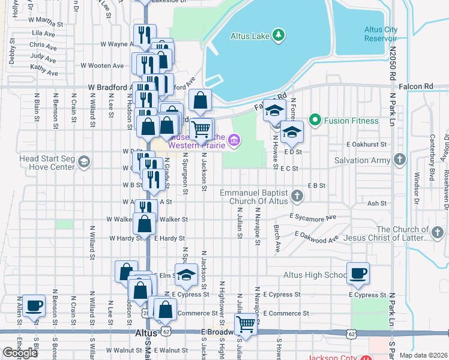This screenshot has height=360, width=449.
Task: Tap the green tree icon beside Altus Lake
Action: click(x=278, y=35)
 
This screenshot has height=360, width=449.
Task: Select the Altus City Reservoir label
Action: click(x=381, y=34)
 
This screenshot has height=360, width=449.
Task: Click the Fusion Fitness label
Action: click(x=351, y=121)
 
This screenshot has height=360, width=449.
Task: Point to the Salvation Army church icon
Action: click(x=401, y=160)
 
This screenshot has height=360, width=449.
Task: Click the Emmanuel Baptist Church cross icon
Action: click(x=297, y=196)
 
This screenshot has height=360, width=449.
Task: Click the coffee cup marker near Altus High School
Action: click(x=358, y=274)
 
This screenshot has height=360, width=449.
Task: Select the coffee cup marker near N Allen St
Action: click(x=32, y=305)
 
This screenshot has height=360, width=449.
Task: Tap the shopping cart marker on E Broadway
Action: click(x=246, y=325)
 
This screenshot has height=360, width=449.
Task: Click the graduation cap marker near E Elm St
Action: click(x=186, y=275)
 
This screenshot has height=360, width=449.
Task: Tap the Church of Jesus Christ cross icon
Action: click(x=438, y=232)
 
